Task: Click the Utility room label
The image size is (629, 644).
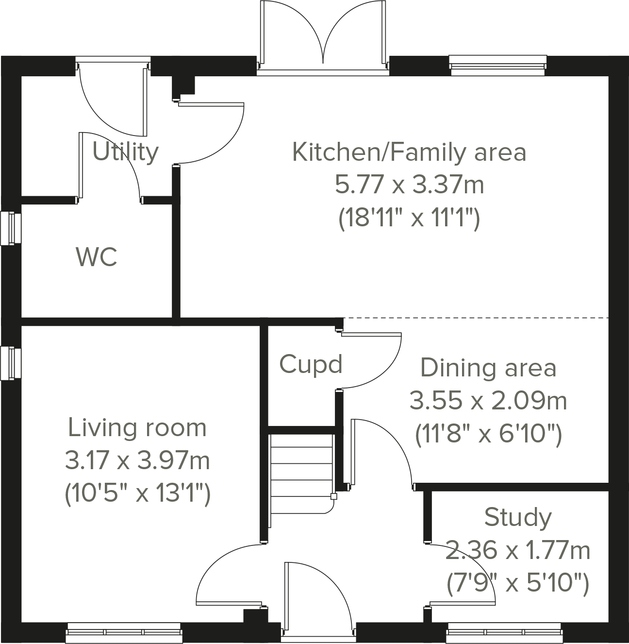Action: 125,152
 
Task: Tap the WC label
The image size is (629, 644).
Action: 97,257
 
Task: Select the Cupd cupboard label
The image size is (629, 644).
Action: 311,364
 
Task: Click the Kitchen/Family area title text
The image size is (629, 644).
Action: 409,152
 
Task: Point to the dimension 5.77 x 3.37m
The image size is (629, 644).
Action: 409,185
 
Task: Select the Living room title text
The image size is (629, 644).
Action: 137,428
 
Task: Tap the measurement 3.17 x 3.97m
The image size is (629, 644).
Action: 137,460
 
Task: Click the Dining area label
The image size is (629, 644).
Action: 488,368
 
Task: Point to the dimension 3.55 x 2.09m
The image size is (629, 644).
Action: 488,401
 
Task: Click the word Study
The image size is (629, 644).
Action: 518,517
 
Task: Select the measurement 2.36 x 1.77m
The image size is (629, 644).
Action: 518,551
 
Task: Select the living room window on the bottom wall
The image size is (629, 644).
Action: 124,633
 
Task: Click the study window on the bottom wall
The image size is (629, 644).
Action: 504,633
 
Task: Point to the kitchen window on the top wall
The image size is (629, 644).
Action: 497,65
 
